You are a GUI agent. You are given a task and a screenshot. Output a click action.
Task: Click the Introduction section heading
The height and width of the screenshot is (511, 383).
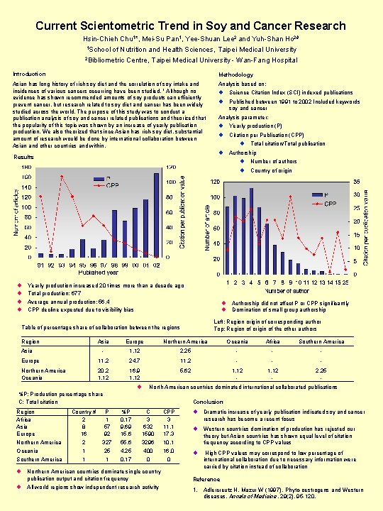[x=30, y=74]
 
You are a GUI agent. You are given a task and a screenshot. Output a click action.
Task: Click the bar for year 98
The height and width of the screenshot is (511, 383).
[x=114, y=233]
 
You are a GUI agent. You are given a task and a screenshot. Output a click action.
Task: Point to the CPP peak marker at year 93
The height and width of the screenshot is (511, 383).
[x=62, y=176]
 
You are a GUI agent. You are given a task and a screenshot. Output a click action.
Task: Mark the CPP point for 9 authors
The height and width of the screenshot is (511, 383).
[x=291, y=196]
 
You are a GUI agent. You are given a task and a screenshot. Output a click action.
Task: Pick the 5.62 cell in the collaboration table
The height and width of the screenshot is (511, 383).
[x=185, y=370]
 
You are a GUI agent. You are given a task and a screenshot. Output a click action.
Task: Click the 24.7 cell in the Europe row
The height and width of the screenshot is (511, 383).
[x=135, y=361]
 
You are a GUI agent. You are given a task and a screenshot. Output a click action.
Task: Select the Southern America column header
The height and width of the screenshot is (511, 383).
[x=322, y=341]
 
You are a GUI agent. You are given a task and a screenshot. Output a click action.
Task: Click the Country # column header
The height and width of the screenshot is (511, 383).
[x=84, y=412]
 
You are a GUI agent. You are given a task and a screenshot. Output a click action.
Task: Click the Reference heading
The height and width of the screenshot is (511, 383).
[x=206, y=479]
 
